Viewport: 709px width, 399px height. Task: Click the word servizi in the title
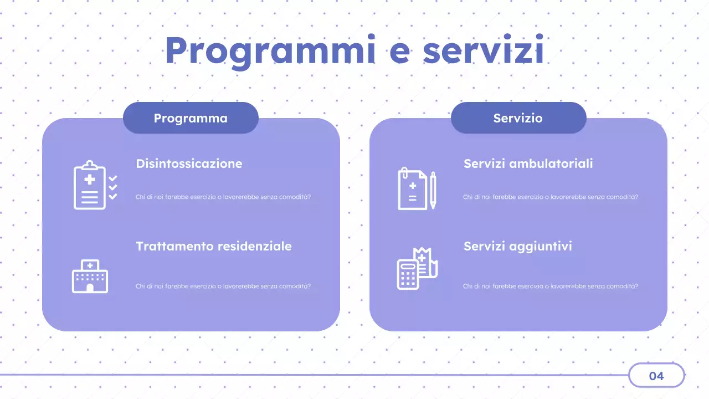(x=483, y=51)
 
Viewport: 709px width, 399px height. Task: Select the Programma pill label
(x=191, y=118)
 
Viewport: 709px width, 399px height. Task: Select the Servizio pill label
(x=518, y=118)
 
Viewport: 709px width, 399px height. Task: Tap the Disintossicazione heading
(x=189, y=163)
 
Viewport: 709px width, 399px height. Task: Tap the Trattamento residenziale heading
(x=213, y=246)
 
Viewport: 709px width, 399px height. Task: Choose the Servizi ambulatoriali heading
(x=528, y=163)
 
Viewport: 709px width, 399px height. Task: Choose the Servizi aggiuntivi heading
(x=517, y=246)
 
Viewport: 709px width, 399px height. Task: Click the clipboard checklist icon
(x=95, y=186)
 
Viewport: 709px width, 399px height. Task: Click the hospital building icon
(x=90, y=276)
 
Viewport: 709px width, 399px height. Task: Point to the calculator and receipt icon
(x=417, y=268)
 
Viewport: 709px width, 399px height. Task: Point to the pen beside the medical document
(x=433, y=190)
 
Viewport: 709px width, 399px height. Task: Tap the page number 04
(x=656, y=376)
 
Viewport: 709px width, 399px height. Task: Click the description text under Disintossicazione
(x=223, y=197)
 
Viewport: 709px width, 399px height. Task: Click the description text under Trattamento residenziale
(x=223, y=287)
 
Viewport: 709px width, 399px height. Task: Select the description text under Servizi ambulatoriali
(x=550, y=197)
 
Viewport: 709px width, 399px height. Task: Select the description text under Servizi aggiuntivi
(x=550, y=287)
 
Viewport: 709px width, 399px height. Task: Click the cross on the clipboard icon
(x=90, y=179)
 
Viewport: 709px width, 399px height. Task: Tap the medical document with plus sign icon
(x=413, y=189)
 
